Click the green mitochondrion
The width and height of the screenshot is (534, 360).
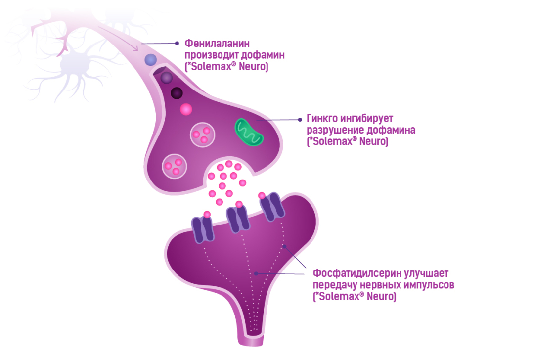pos(249,132)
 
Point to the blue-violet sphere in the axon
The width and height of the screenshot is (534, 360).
pos(151,60)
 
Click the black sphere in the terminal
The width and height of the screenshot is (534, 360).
pos(177,92)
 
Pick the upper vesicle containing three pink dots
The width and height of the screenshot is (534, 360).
pos(203,135)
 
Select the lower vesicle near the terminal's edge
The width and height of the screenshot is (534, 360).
pos(175,166)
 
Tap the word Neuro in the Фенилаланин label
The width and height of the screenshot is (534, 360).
pos(254,66)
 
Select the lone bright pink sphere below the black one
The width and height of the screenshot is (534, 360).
pos(186,109)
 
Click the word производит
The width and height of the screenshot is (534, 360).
pos(211,54)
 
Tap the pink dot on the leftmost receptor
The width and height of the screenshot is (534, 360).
pos(207,215)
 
